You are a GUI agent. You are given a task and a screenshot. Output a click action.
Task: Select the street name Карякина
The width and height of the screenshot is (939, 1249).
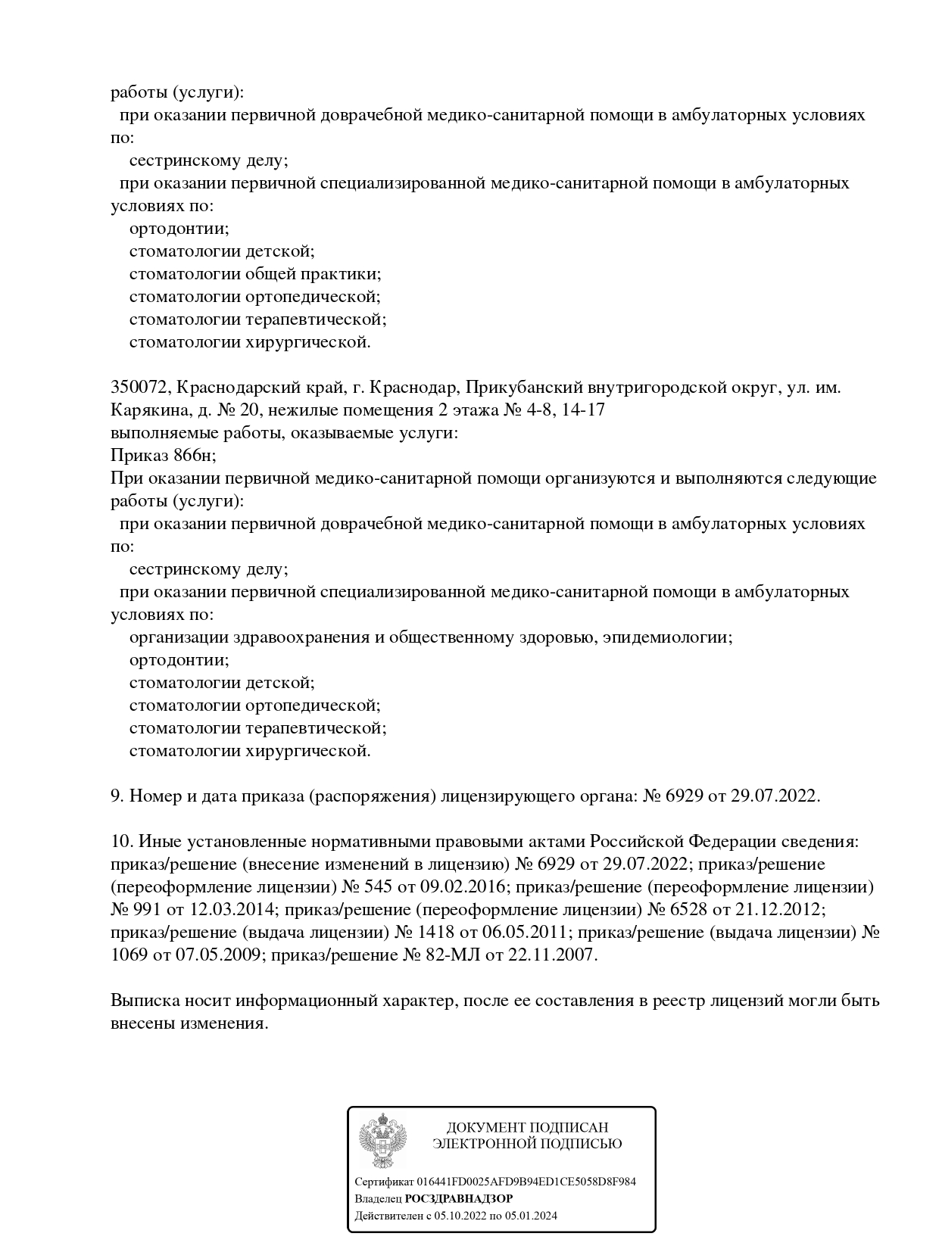coord(144,410)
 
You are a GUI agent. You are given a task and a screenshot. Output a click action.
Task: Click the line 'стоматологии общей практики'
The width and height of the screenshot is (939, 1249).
coord(254,274)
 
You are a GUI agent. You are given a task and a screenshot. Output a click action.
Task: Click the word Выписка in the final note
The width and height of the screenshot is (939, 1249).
coord(144,1001)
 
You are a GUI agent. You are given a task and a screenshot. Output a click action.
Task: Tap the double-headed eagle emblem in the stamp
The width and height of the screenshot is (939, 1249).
coord(382,1139)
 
